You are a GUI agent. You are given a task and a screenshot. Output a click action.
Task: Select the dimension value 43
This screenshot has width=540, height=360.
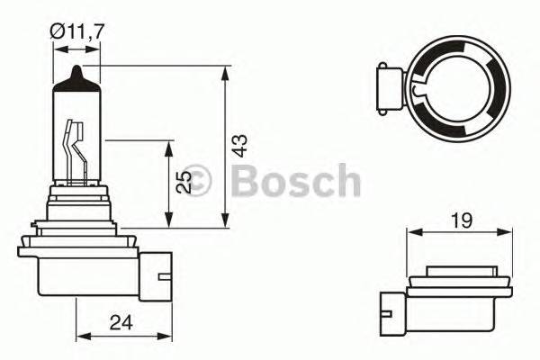238,147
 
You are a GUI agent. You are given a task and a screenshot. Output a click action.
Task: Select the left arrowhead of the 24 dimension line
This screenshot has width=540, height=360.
80,334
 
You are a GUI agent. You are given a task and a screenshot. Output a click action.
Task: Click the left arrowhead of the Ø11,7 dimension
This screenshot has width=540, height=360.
58,51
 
